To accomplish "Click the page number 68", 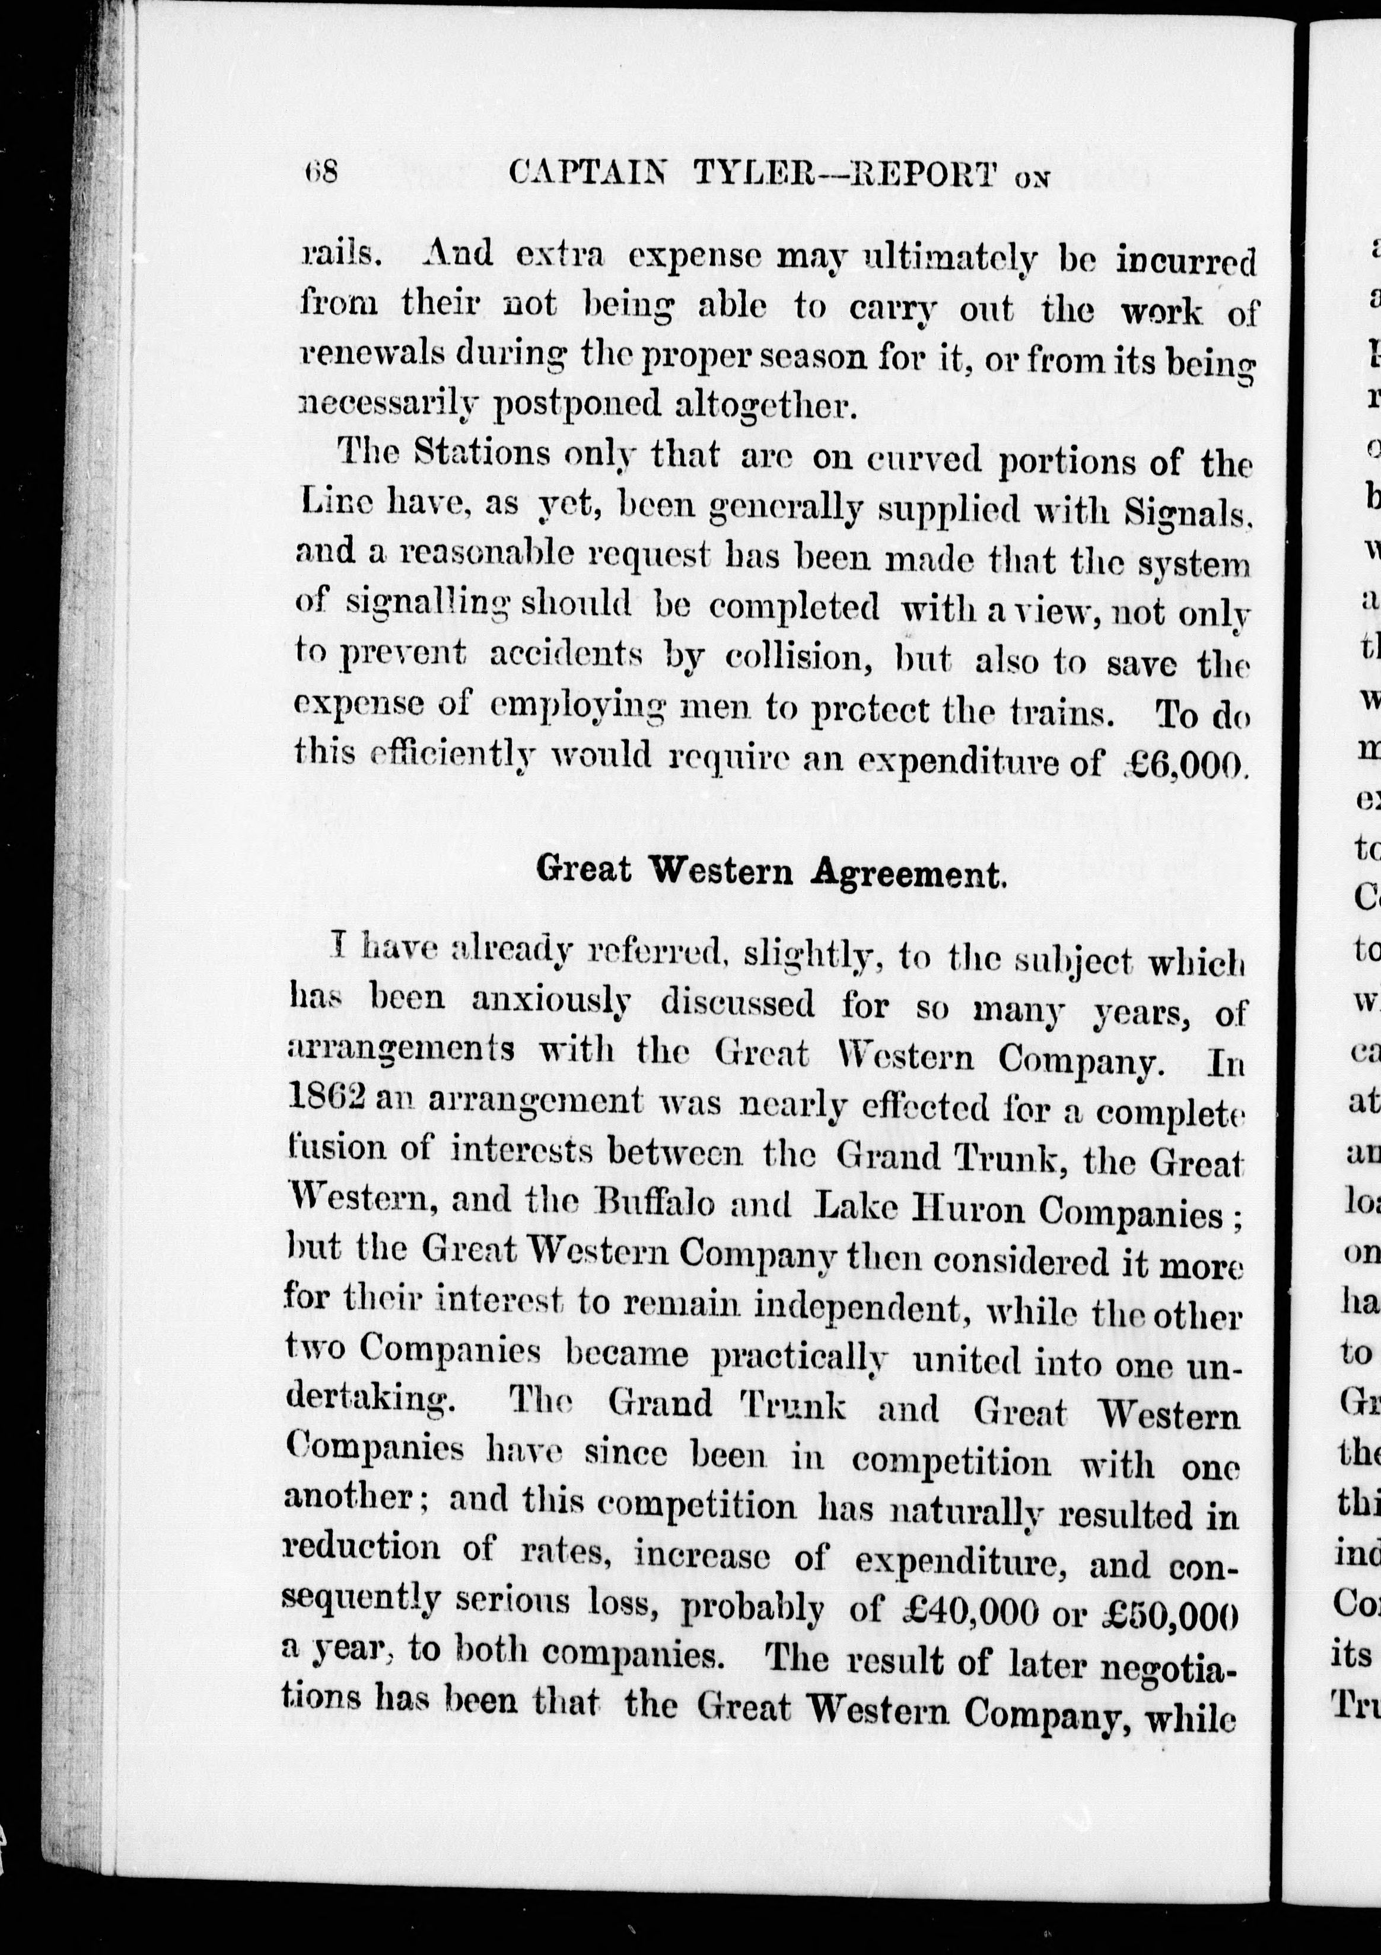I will (321, 173).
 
